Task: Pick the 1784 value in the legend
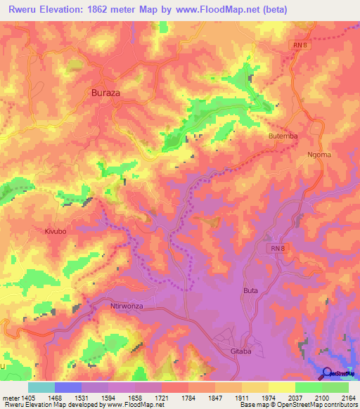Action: point(198,398)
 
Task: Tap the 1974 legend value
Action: point(258,398)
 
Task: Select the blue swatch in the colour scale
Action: point(68,387)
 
